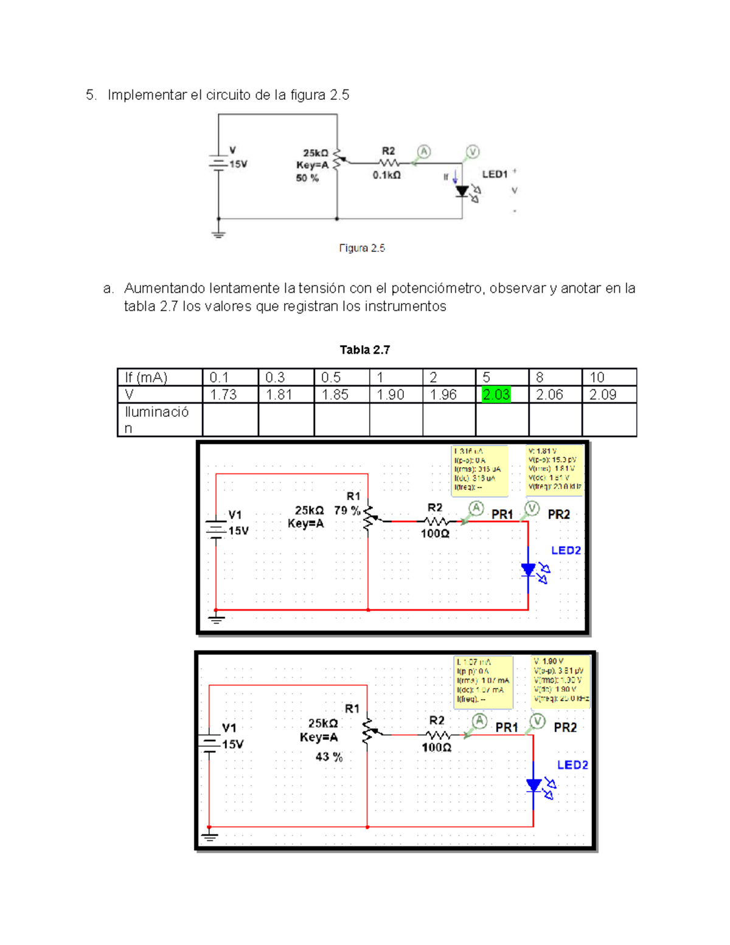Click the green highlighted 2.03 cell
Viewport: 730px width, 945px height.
point(496,395)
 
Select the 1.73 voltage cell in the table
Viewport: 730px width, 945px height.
point(223,395)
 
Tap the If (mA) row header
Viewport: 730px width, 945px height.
point(146,377)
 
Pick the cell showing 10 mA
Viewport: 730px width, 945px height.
point(597,377)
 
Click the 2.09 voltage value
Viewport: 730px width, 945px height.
point(602,395)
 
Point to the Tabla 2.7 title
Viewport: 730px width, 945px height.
point(364,350)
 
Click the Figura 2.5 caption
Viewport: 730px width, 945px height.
point(362,248)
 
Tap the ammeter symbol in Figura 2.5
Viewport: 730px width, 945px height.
point(423,152)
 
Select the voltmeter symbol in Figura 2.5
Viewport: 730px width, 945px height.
point(473,152)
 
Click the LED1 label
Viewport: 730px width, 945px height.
point(495,175)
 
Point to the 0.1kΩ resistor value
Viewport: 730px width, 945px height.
point(387,175)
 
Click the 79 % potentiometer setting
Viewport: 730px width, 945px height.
point(347,511)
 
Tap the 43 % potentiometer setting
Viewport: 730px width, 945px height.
point(328,757)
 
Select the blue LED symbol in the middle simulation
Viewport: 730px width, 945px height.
point(529,570)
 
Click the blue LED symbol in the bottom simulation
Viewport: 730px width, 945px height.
point(534,786)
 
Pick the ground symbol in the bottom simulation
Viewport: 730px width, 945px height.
point(209,837)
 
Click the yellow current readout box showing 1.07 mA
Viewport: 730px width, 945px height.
point(484,682)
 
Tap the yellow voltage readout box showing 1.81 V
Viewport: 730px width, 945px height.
point(554,469)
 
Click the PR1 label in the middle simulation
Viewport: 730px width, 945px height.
point(502,515)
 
